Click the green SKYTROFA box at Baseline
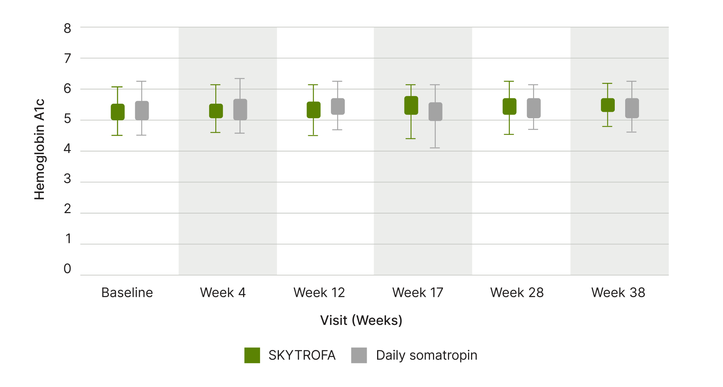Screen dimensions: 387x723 pos(117,112)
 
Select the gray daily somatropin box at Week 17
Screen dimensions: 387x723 pos(435,112)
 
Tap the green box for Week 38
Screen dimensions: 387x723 pos(607,105)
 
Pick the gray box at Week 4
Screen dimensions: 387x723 pos(240,109)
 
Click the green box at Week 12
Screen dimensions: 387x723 pos(313,110)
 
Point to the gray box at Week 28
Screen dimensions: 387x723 pos(533,108)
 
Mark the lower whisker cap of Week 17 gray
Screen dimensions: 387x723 pos(435,148)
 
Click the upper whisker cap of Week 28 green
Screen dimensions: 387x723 pos(509,81)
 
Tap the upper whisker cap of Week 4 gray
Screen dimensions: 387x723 pos(240,79)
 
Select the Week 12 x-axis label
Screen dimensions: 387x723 pos(319,293)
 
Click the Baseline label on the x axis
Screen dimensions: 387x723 pos(127,293)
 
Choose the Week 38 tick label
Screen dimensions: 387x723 pos(618,293)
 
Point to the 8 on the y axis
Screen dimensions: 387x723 pos(67,29)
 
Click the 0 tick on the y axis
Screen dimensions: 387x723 pos(67,269)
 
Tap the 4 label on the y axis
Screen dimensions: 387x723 pos(67,149)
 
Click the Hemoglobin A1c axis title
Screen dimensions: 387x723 pos(39,150)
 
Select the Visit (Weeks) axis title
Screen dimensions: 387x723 pos(361,320)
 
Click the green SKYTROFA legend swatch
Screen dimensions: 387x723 pos(252,355)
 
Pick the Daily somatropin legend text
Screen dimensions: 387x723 pos(426,355)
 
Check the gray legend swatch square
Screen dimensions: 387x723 pos(359,355)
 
